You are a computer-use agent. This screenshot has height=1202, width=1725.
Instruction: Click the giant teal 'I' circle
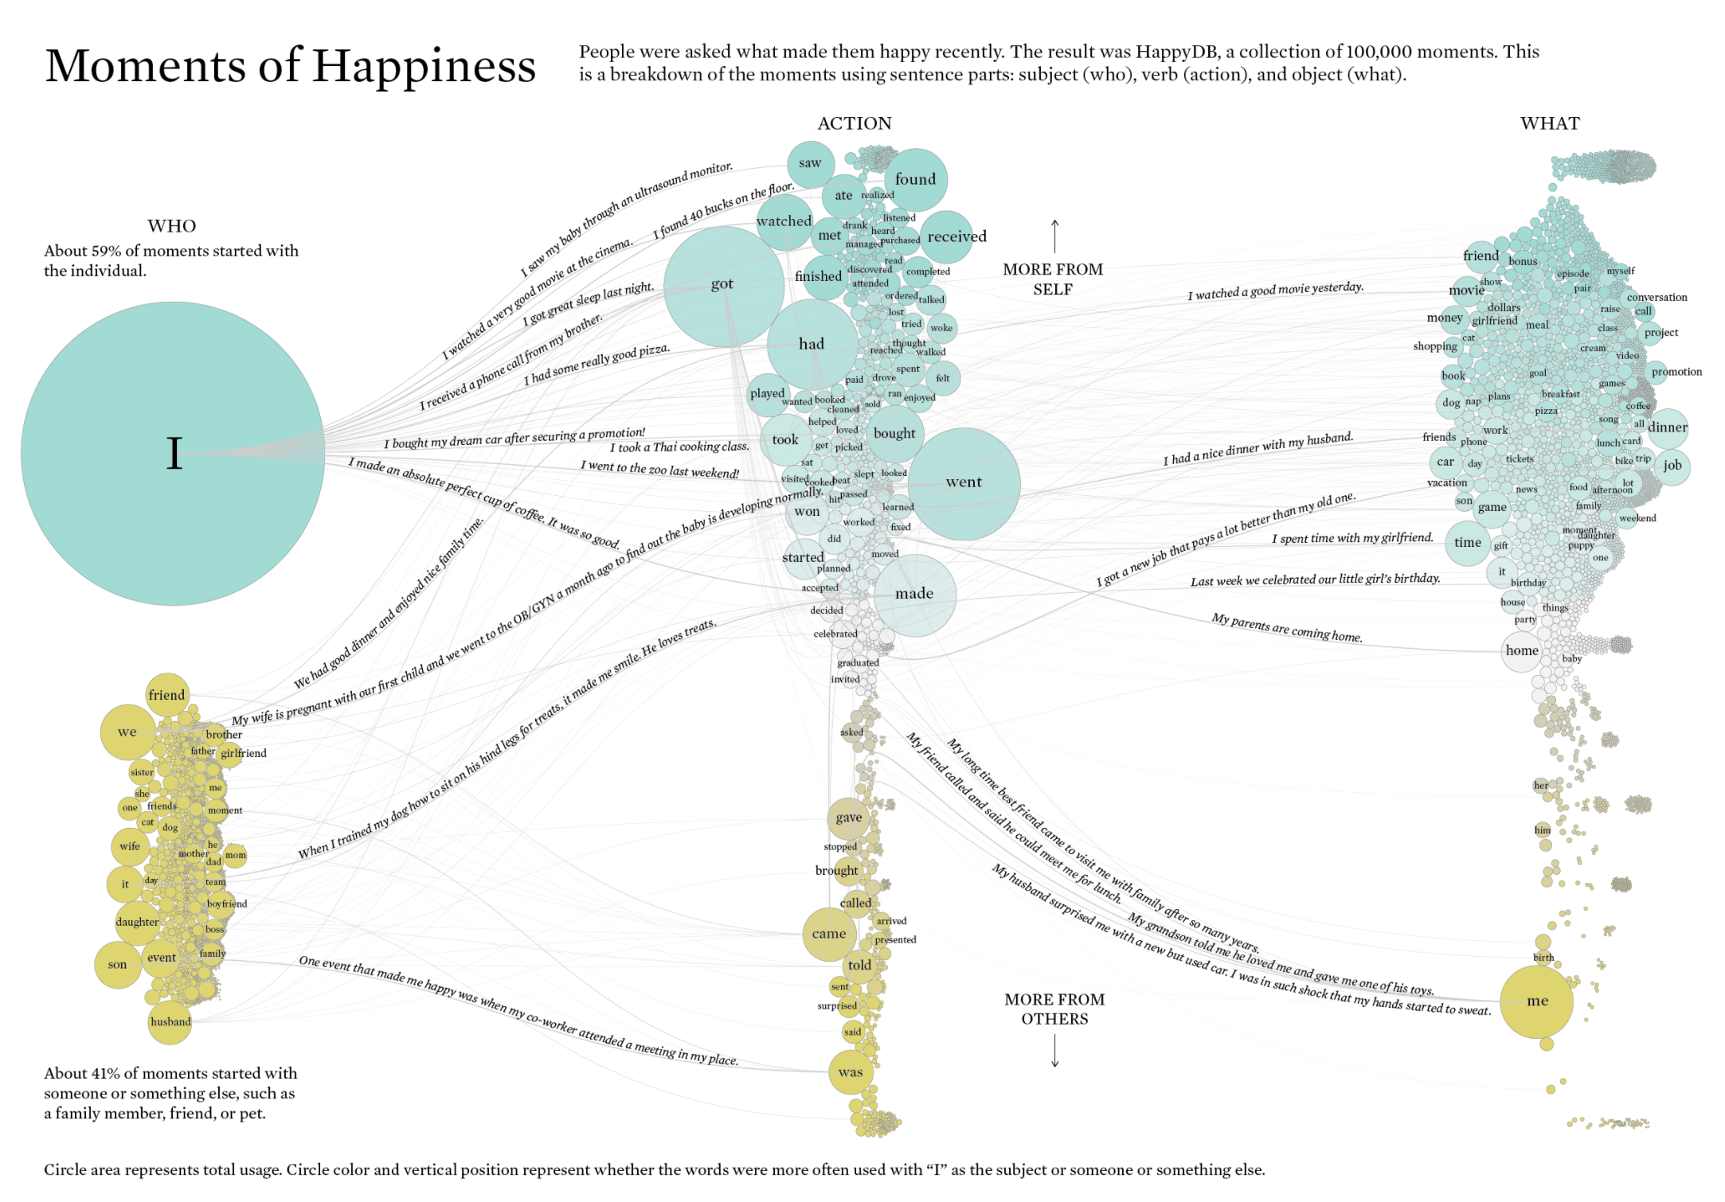[173, 454]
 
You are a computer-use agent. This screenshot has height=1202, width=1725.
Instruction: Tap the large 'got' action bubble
[723, 285]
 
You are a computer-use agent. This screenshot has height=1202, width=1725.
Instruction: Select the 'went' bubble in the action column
[964, 483]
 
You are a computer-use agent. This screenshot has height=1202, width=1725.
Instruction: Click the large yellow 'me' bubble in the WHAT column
[1536, 1001]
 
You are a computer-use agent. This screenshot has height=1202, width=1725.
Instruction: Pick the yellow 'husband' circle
[170, 1022]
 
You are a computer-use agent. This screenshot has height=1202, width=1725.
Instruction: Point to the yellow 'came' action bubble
[829, 935]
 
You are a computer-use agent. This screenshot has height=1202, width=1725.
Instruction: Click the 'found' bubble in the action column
[915, 180]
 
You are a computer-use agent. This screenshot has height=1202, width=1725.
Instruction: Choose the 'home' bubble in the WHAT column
[1521, 651]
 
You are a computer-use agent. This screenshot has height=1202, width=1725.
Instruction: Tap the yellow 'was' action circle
[850, 1072]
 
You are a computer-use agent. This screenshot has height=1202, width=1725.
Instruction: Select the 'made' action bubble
[914, 594]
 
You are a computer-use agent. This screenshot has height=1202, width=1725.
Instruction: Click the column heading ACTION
[854, 123]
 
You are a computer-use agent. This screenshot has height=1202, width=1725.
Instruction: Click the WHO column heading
[171, 226]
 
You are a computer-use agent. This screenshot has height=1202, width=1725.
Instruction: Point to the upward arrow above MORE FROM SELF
[1054, 236]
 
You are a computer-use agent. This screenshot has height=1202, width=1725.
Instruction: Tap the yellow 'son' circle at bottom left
[117, 965]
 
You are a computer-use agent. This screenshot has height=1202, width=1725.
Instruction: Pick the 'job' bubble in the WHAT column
[1672, 466]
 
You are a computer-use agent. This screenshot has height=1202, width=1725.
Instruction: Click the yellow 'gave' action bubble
[848, 818]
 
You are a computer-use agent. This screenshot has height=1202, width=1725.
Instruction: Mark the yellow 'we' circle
[127, 732]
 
